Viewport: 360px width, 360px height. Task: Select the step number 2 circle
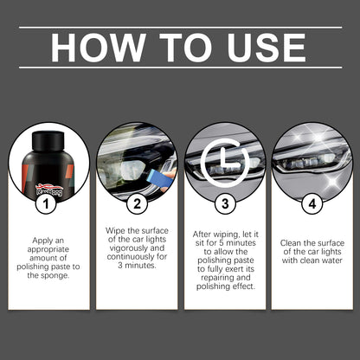(x=137, y=205)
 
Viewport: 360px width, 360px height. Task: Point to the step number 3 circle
(x=224, y=205)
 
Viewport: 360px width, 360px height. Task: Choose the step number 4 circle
(x=312, y=205)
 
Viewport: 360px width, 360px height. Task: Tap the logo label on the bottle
(x=48, y=187)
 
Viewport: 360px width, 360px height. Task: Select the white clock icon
(x=224, y=161)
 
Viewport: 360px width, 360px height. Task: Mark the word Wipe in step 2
(x=117, y=228)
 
